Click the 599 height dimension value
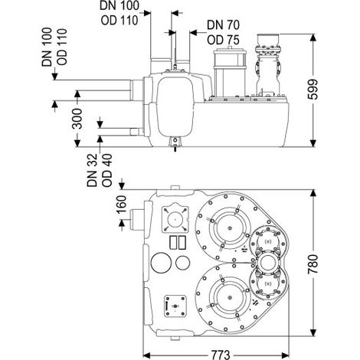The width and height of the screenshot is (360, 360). pos(313,90)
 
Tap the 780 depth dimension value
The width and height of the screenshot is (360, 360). pos(313,263)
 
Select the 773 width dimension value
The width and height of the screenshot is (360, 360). pos(221,355)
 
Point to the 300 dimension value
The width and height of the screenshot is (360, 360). pos(77,119)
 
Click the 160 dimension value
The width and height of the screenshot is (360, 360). pos(121,205)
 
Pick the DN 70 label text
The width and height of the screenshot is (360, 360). pos(223,25)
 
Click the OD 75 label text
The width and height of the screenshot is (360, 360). pos(223,40)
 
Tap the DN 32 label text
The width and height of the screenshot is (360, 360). pos(92,170)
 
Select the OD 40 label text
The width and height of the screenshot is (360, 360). pos(106,170)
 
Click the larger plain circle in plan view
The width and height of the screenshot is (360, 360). pos(161,263)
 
